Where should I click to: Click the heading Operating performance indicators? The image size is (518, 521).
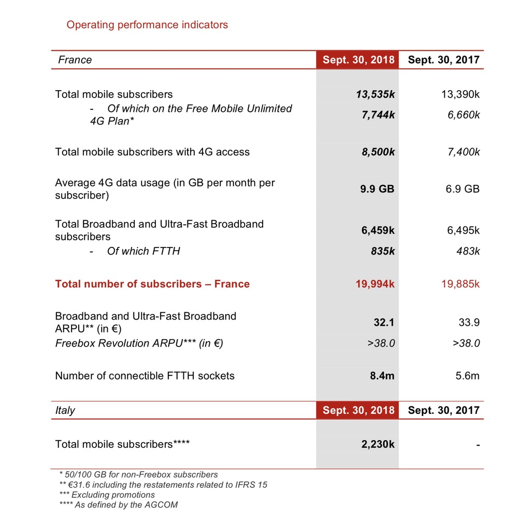coord(147,25)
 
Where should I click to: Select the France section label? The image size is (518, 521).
coord(75,60)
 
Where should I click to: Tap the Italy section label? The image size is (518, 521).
coord(65,410)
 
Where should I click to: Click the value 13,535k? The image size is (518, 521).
coord(375,94)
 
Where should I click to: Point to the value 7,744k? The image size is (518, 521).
coord(378,114)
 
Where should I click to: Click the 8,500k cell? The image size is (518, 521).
coord(378,152)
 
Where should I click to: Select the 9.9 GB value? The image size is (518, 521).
coord(377,189)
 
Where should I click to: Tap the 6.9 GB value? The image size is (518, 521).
coord(463,189)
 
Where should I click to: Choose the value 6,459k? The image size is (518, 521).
coord(378,230)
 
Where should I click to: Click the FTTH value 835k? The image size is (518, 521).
coord(383,251)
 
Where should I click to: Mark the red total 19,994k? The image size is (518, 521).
coord(375,284)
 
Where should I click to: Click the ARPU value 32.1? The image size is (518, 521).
coord(384,322)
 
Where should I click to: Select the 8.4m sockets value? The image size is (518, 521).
coord(382,376)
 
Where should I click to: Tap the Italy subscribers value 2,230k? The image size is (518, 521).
coord(378,444)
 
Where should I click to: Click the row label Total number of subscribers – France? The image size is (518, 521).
coord(152,284)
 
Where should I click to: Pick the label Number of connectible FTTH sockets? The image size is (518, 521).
coord(145,376)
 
